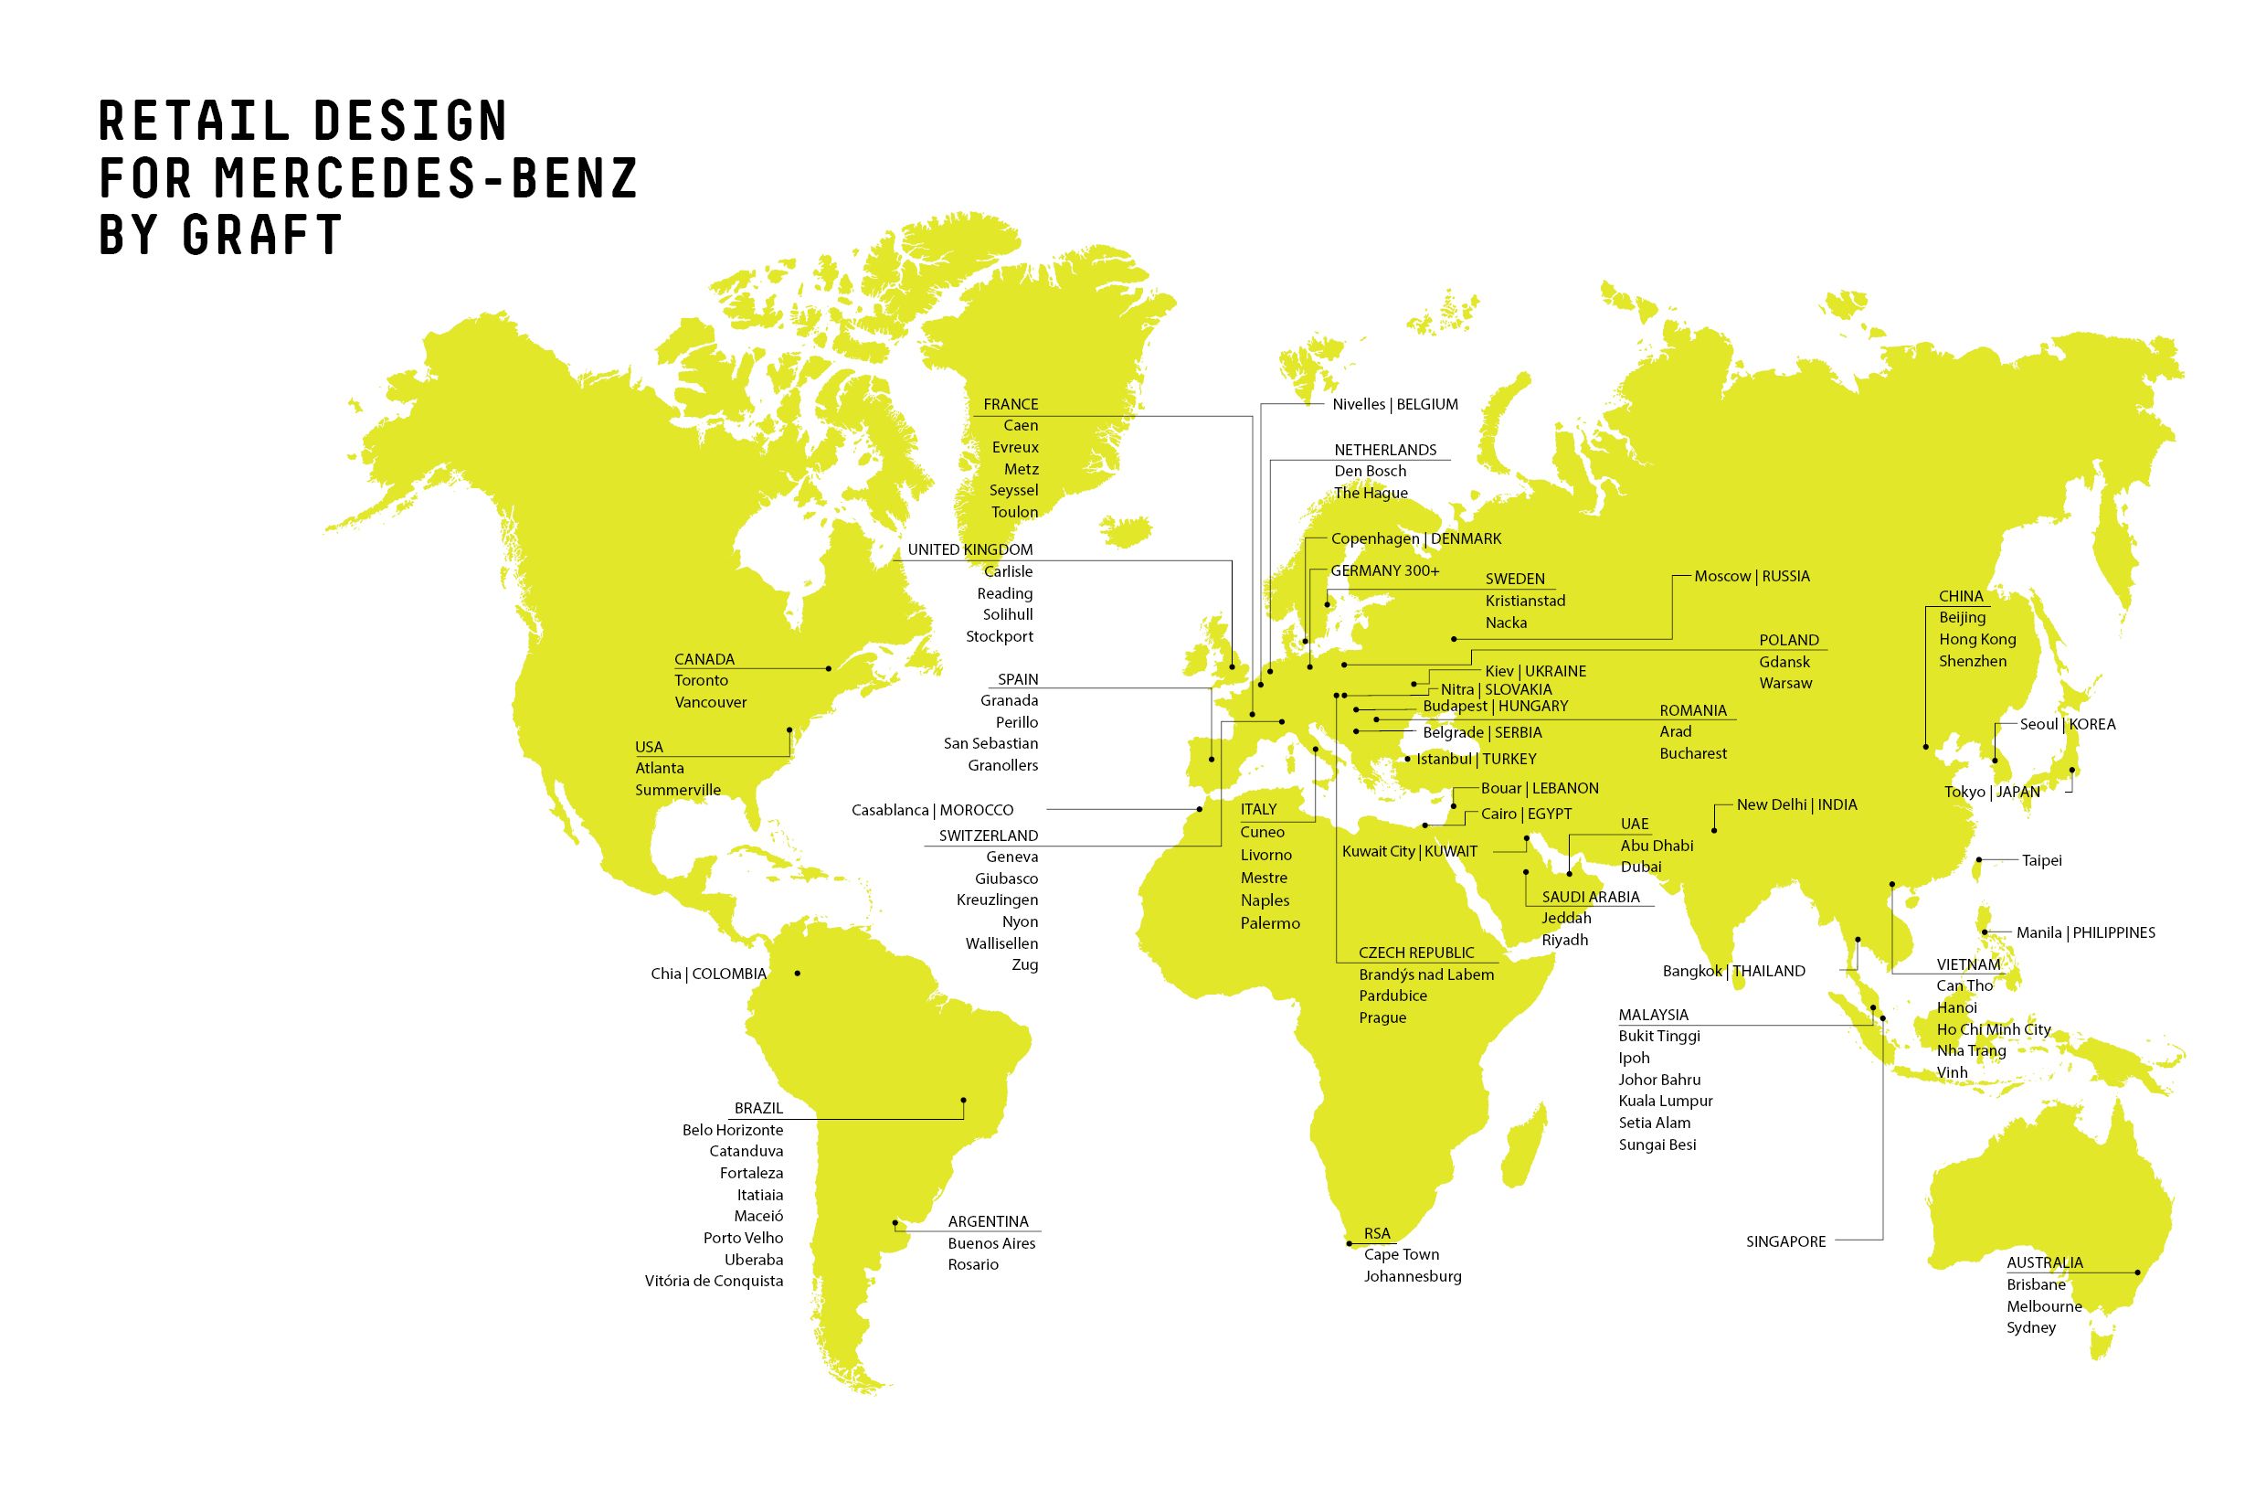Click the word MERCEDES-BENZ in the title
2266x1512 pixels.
pos(425,177)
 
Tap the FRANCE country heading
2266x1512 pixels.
pos(1011,404)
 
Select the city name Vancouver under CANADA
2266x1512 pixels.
pos(710,702)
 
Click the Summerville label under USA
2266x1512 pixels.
pos(678,790)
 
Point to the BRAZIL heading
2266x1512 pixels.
pos(758,1108)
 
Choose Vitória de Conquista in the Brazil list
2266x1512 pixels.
pos(714,1281)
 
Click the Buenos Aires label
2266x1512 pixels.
pos(990,1243)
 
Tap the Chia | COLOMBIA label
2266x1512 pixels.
pos(708,974)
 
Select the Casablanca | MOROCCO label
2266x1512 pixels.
pos(932,810)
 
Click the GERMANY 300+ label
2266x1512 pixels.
pos(1384,570)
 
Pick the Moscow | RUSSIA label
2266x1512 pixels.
pos(1752,576)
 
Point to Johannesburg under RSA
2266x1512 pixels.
pos(1412,1276)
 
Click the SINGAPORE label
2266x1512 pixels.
pos(1785,1241)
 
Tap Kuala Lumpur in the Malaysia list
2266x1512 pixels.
pos(1665,1101)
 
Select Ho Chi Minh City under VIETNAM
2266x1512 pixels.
pos(1993,1029)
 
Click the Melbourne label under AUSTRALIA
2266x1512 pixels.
pos(2043,1305)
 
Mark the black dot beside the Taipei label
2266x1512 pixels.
pos(1979,859)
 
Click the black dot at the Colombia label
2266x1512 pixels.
pos(797,973)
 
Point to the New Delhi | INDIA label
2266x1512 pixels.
pos(1795,804)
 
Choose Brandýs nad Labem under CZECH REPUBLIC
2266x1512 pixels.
pos(1425,974)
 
